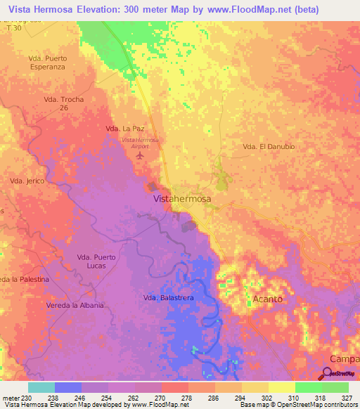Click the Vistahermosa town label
[x=182, y=200]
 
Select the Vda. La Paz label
[x=124, y=129]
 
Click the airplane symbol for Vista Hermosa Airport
[x=140, y=154]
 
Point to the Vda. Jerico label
[x=27, y=181]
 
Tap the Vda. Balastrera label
[x=168, y=299]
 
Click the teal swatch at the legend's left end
[x=41, y=387]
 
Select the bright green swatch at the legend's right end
[x=335, y=387]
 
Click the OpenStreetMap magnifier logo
[x=326, y=374]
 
